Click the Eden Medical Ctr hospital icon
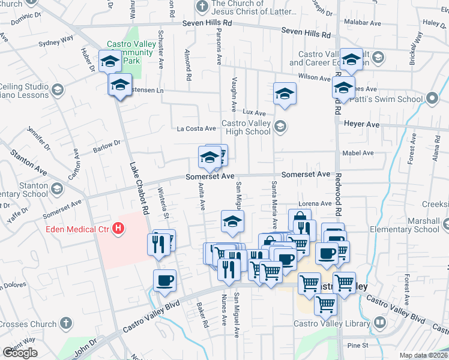(119, 228)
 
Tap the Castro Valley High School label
(246, 128)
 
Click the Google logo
(20, 353)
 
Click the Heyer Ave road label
(362, 124)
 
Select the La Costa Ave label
(196, 128)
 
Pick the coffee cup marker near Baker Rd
(164, 280)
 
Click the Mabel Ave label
(358, 153)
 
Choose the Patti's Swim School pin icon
(432, 98)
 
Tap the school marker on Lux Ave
(285, 94)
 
